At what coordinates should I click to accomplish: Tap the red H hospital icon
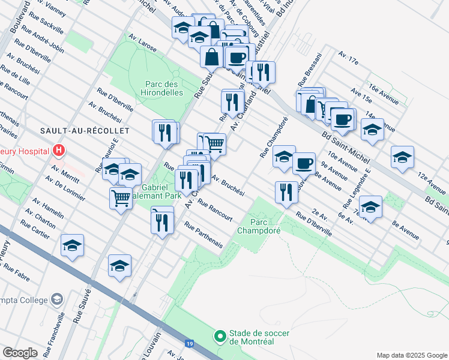(59, 150)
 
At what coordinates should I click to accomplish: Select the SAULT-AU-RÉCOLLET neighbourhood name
(74, 130)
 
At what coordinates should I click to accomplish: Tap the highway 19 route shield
(190, 344)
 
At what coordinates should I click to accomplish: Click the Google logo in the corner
(20, 353)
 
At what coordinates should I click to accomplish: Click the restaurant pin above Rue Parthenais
(162, 222)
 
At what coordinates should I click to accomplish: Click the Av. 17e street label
(348, 58)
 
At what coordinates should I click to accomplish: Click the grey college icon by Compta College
(56, 299)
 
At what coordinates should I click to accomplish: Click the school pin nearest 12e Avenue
(402, 157)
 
